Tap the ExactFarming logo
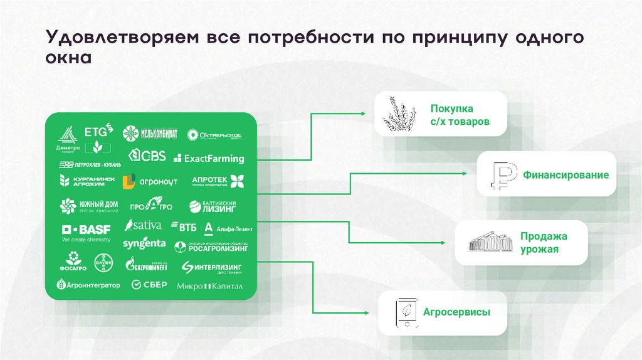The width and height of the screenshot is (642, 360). [209, 159]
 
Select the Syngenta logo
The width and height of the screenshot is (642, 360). [144, 243]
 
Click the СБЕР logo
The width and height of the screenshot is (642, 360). [149, 285]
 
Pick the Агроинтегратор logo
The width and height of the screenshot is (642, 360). [88, 285]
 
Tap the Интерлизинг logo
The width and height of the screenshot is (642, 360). [211, 268]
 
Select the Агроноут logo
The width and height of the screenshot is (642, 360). [150, 182]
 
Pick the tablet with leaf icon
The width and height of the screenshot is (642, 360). [404, 312]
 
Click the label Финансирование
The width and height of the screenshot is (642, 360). [566, 176]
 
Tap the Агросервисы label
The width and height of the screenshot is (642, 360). [456, 312]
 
